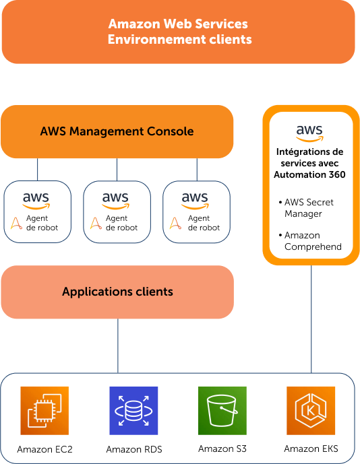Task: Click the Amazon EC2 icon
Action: (x=44, y=410)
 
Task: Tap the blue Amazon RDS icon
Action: (x=133, y=410)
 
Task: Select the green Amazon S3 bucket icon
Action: (x=222, y=410)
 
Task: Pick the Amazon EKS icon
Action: (x=311, y=410)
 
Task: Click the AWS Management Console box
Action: (x=117, y=131)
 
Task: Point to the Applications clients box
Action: (x=117, y=292)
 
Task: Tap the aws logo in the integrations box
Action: (x=309, y=133)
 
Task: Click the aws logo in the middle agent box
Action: (x=115, y=201)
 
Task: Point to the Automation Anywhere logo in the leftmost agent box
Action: (x=16, y=224)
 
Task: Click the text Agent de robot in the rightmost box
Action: (x=204, y=223)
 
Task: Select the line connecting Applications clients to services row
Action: (x=118, y=345)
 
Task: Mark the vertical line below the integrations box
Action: (x=311, y=319)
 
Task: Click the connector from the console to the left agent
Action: (x=37, y=169)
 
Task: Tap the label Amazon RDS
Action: (x=134, y=449)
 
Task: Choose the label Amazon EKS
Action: (x=311, y=449)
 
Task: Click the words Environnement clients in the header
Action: (x=179, y=39)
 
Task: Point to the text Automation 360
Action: (x=309, y=174)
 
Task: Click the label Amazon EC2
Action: (x=44, y=449)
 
